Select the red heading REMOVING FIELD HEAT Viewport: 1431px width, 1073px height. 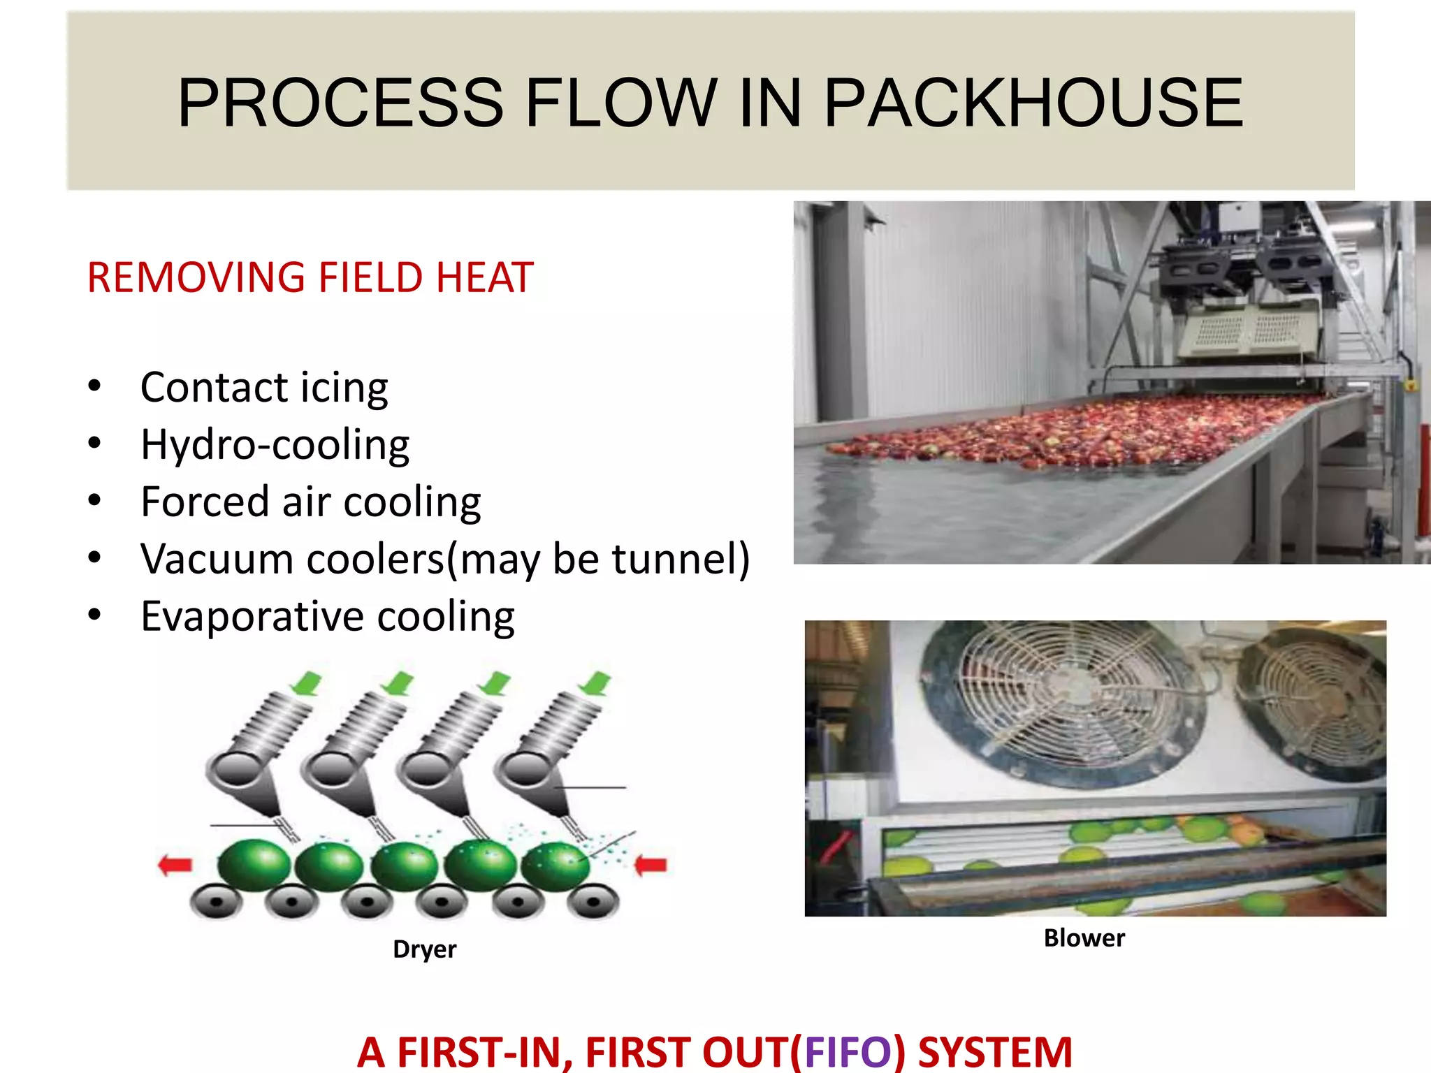tap(310, 277)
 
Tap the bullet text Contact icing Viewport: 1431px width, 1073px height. tap(263, 388)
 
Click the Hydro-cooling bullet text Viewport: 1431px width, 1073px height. tap(275, 445)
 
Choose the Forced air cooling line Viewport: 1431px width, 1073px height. tap(310, 502)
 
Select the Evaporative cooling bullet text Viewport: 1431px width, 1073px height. tap(327, 617)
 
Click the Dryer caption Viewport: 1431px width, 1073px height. tap(424, 949)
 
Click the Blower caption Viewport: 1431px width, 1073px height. tap(1084, 938)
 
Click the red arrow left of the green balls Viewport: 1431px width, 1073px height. tap(175, 866)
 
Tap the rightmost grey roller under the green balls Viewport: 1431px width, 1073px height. tap(593, 902)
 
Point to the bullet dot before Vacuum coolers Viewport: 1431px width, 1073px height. tap(95, 558)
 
